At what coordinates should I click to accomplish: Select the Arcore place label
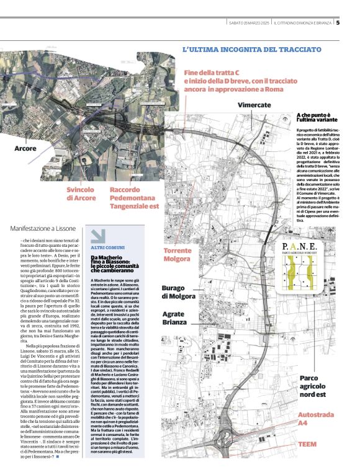pos(25,149)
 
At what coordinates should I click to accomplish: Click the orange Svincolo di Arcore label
pos(82,193)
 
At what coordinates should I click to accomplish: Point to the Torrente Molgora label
pos(177,254)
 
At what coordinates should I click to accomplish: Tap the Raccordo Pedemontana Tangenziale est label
pos(134,197)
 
